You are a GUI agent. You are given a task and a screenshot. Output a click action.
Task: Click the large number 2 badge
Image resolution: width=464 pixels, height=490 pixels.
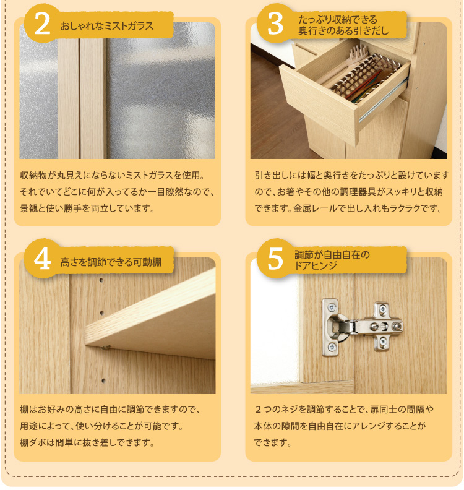point(42,24)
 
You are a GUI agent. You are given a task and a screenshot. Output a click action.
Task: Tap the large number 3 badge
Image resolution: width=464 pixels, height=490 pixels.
point(275,24)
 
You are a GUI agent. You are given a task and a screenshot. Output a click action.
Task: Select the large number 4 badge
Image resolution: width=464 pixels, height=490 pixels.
point(42,259)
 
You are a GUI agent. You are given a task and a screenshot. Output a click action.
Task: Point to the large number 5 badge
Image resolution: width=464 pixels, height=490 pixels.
point(275,259)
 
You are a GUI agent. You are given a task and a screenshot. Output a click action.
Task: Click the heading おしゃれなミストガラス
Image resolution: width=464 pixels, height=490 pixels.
point(107,25)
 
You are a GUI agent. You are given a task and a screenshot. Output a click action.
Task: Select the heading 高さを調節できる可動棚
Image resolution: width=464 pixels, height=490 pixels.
point(111,262)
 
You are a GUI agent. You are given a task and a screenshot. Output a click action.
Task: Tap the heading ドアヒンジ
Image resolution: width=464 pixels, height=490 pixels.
point(316,265)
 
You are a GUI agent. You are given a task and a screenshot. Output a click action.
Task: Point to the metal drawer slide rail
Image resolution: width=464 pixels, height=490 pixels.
point(383,100)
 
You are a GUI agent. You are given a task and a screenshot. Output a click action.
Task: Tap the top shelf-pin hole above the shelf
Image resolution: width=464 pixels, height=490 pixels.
point(101,280)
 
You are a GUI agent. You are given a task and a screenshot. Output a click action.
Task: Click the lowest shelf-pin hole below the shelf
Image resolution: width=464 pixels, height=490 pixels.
point(103,380)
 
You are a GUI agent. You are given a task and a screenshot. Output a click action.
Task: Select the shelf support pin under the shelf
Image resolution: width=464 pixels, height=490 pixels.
point(106,347)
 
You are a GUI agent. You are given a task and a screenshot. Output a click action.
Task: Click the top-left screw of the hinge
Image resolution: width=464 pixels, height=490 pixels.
point(331,308)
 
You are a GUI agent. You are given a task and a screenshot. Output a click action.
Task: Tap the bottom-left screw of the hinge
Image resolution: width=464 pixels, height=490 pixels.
point(332,347)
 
